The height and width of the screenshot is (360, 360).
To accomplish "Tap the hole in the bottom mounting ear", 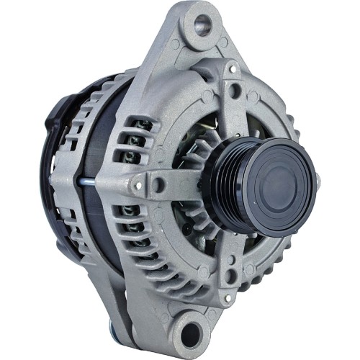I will (191, 332).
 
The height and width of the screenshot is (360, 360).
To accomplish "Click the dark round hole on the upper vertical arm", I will (235, 91).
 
